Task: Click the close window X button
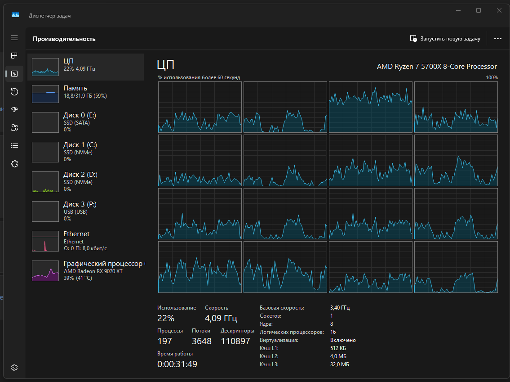click(499, 10)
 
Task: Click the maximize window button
click(479, 10)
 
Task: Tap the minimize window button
click(458, 10)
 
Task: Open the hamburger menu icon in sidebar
click(14, 38)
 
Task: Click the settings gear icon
click(14, 367)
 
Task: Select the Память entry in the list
click(85, 94)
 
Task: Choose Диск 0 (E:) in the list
click(85, 122)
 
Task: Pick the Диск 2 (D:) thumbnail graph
click(45, 182)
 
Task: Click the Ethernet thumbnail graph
click(45, 241)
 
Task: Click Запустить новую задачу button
click(445, 38)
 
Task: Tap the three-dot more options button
click(497, 38)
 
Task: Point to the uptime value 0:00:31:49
click(177, 364)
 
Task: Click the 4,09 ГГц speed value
click(221, 318)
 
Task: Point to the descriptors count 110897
click(235, 341)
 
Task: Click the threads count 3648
click(202, 341)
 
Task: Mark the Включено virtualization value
click(343, 340)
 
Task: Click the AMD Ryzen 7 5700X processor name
click(437, 67)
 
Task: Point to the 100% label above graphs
click(492, 77)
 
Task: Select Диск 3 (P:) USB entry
click(85, 211)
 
